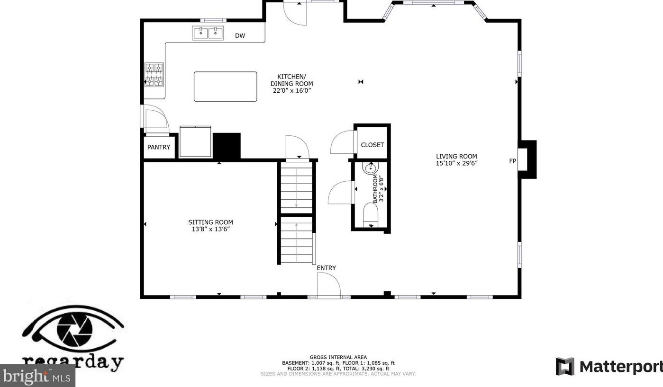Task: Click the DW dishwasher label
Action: [240, 36]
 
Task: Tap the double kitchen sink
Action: [208, 33]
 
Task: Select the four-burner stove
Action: [154, 74]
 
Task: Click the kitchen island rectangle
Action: [226, 87]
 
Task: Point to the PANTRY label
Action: [159, 147]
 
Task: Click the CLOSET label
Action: [372, 145]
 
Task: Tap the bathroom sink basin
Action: [370, 168]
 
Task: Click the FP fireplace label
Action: [513, 161]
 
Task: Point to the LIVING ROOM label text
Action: [456, 156]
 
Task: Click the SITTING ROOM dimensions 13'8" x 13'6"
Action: [211, 229]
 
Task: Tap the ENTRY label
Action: [326, 268]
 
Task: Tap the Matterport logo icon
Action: [565, 366]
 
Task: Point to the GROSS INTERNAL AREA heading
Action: [338, 357]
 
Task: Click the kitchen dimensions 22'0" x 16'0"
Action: [292, 91]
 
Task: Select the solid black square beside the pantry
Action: [227, 146]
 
